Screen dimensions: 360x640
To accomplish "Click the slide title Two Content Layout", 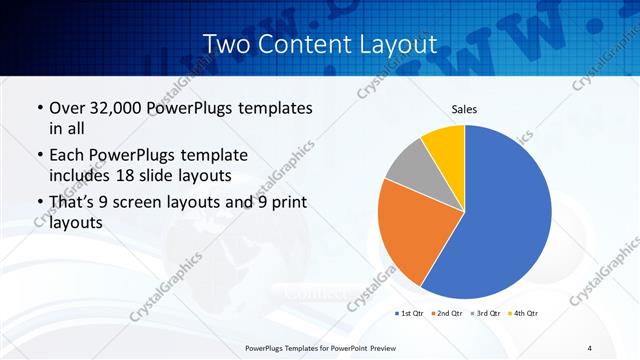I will (x=319, y=44).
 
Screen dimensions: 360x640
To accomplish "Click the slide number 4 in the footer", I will (x=590, y=347).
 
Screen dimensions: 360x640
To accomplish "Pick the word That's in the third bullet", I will (x=73, y=204).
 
